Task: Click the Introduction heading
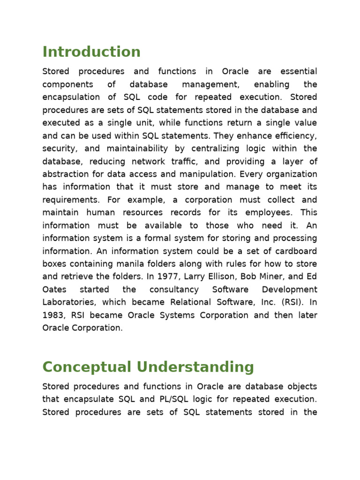click(91, 52)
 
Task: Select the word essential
click(299, 72)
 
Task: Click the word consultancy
click(174, 290)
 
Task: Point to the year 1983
click(53, 315)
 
